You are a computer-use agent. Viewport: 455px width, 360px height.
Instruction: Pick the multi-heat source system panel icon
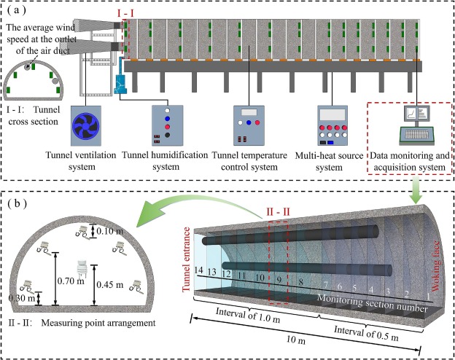coord(335,125)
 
